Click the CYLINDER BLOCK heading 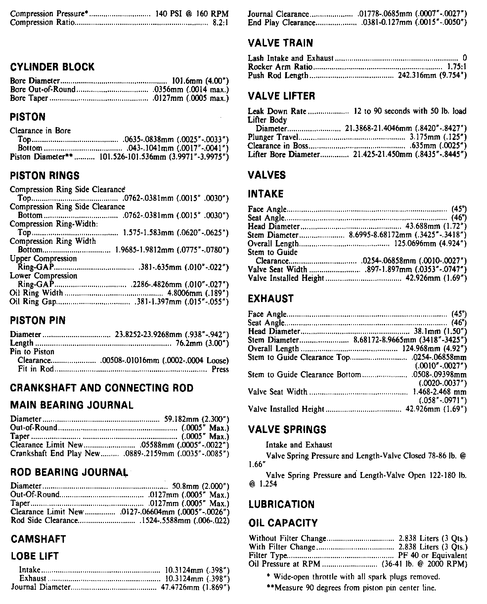[x=52, y=67]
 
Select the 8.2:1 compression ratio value [x=221, y=22]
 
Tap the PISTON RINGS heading [x=45, y=176]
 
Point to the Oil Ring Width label [x=36, y=293]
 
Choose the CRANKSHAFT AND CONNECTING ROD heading [x=102, y=388]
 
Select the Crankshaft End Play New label [x=55, y=453]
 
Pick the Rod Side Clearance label [x=44, y=520]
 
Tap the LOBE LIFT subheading [x=35, y=556]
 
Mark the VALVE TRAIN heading [x=280, y=43]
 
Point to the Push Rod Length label [x=278, y=75]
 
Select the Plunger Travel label [x=273, y=137]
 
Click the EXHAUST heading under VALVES [x=270, y=299]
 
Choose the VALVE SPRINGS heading [x=287, y=430]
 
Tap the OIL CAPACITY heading [x=283, y=523]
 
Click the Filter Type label [x=268, y=555]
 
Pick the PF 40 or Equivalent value [x=433, y=555]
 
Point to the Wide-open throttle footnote [x=353, y=577]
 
